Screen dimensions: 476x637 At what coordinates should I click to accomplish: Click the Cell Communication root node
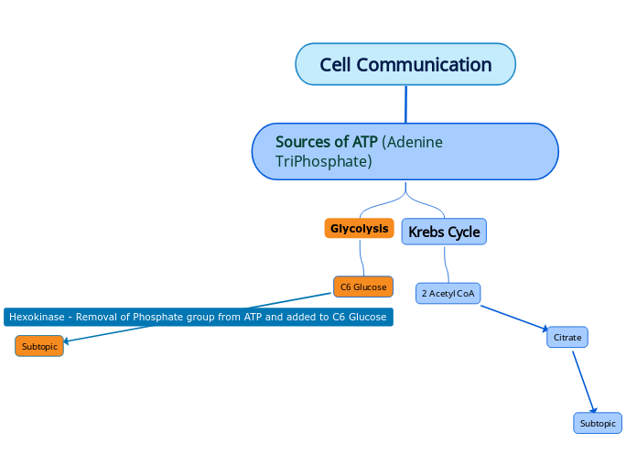coord(405,64)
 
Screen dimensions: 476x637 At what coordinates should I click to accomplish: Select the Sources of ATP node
coord(405,152)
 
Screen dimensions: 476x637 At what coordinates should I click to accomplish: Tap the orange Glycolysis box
coord(359,228)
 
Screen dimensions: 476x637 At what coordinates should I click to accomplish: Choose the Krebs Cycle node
coord(444,232)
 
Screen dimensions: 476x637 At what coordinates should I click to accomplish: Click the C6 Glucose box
coord(363,287)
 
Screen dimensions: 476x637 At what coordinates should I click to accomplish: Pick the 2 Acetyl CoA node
coord(448,293)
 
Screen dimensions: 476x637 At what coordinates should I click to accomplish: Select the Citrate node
coord(567,337)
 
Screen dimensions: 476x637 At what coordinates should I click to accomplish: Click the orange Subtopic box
coord(39,346)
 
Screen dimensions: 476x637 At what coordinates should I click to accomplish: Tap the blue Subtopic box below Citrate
coord(598,423)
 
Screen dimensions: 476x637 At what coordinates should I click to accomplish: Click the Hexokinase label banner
coord(199,317)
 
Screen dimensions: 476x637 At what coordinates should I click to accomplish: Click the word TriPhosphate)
coord(323,162)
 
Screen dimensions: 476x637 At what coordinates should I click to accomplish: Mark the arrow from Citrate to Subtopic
coord(584,381)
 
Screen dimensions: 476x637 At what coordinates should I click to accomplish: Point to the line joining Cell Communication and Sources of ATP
coord(405,103)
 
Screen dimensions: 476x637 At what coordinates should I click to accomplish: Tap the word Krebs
coord(426,232)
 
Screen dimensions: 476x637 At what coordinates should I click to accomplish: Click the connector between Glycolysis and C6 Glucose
coord(363,258)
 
